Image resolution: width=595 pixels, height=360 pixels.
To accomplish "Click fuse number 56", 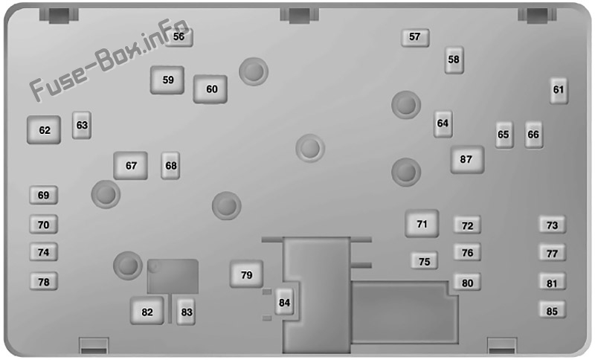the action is [179, 37].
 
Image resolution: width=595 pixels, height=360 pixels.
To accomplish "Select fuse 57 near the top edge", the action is [415, 37].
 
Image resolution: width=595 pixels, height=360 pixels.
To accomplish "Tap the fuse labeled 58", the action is [454, 60].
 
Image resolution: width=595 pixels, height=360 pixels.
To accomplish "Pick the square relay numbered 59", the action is [167, 80].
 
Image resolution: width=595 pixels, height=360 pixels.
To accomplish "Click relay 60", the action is [210, 89].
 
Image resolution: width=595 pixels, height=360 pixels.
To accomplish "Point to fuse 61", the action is [559, 90].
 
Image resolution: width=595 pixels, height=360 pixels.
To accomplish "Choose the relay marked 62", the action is [44, 129].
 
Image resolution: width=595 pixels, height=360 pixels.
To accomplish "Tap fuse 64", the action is [443, 123].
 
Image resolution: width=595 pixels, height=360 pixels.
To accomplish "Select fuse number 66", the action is [533, 135].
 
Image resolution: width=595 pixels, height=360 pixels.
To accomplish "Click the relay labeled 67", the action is [131, 166].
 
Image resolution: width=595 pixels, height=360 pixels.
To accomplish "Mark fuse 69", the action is [44, 196].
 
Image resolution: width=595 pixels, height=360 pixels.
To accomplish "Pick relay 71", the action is [422, 224].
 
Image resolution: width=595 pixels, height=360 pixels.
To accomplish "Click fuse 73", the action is [553, 225].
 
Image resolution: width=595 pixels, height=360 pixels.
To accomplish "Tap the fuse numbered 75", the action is [424, 261].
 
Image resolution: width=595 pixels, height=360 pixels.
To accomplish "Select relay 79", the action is [246, 274].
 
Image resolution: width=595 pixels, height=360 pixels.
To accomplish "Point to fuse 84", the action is [284, 302].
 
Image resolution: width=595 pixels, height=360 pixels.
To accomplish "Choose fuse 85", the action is [553, 310].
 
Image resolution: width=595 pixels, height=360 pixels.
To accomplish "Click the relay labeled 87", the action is [468, 160].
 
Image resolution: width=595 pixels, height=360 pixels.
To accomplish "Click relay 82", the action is [147, 311].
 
